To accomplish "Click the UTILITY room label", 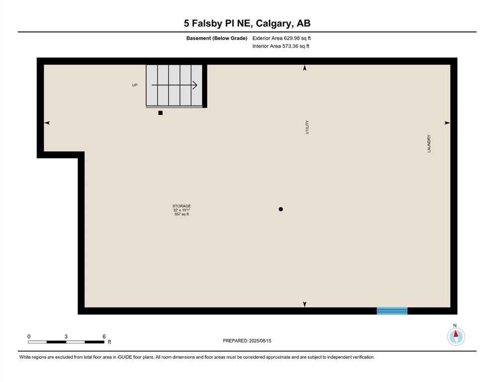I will click(x=307, y=127).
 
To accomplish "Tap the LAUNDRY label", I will click(x=428, y=144).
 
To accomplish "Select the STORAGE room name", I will click(x=182, y=206).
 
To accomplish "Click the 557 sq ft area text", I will click(x=182, y=214).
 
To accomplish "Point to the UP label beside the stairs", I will click(x=134, y=85).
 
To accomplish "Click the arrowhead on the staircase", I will click(x=195, y=85).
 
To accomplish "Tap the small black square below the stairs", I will click(x=160, y=113).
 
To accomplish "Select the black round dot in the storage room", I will click(x=281, y=209).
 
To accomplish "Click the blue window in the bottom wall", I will click(x=392, y=311).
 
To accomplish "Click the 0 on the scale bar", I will click(x=29, y=337).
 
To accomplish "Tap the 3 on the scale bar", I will click(x=66, y=337).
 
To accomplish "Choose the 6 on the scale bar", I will click(x=104, y=337).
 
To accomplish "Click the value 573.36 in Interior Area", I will click(x=290, y=46).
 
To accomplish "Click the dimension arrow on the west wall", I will click(x=47, y=123).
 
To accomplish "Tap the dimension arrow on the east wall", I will click(x=447, y=123).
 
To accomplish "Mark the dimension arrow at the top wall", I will click(x=305, y=68).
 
